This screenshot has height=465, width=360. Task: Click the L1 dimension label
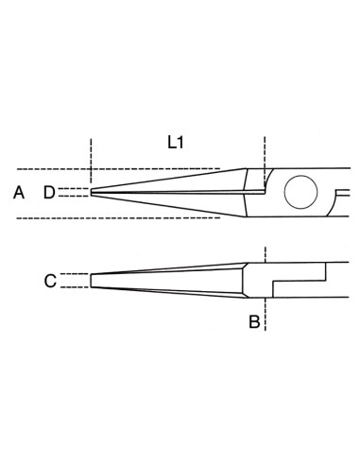[x=175, y=143]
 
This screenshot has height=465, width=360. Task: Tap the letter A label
[x=19, y=193]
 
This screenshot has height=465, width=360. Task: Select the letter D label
[x=49, y=193]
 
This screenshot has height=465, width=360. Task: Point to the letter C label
[x=50, y=281]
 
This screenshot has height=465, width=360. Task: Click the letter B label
[x=254, y=322]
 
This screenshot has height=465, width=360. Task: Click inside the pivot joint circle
[x=300, y=192]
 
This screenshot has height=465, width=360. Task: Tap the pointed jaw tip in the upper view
[x=92, y=192]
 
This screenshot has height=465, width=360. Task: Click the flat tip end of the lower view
[x=91, y=281]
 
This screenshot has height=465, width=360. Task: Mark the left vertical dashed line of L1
[x=91, y=161]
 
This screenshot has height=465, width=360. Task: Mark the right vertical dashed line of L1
[x=265, y=163]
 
